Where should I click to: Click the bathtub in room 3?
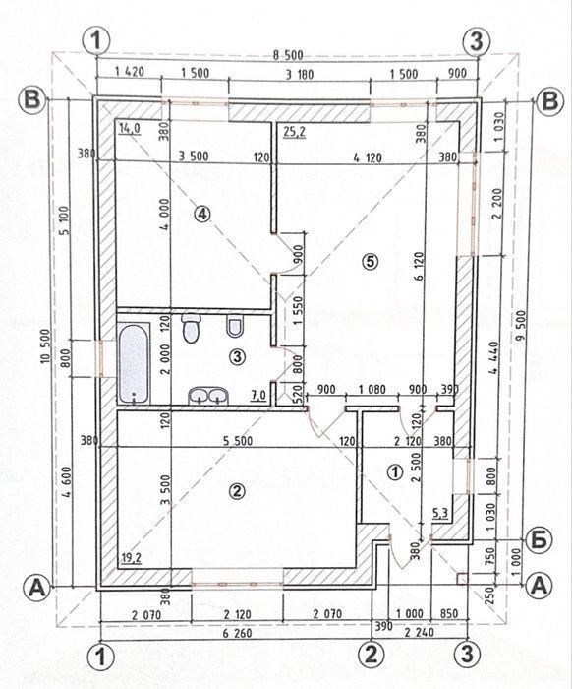point(134,363)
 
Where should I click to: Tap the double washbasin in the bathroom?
point(208,396)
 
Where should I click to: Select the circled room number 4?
point(202,214)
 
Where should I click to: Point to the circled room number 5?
point(370,262)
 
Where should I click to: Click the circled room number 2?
point(237,491)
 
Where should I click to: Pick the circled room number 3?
point(237,356)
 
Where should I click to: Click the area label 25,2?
point(294,131)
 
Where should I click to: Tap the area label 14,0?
point(130,128)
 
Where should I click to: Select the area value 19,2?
point(131,558)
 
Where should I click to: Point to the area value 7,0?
point(258,395)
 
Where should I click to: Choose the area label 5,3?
point(440,512)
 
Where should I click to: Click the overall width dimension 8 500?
point(288,56)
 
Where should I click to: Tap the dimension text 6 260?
point(237,633)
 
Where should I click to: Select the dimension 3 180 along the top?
point(300,74)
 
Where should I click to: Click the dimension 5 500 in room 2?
point(238,440)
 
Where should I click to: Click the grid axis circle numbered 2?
point(372,655)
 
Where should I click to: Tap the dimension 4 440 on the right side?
point(494,357)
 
